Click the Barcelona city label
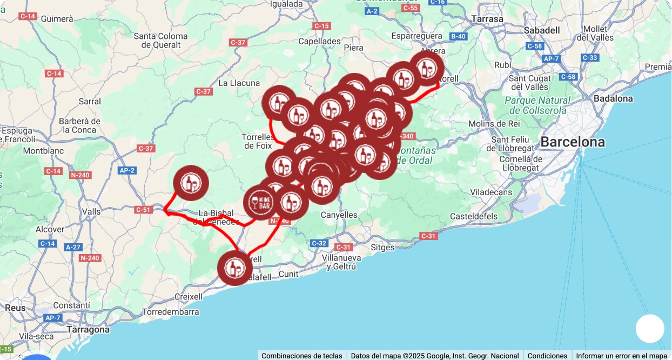coord(573,142)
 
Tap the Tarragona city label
coord(88,329)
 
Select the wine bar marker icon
coord(261,202)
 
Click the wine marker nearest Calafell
coord(235,268)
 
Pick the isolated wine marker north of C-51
coord(191,183)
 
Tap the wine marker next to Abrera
coord(427,68)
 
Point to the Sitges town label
coord(383,248)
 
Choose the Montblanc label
coord(43,150)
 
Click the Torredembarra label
coord(170,312)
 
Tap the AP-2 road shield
coord(126,170)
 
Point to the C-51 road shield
coord(143,209)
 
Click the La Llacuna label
coord(239,83)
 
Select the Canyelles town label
coord(339,215)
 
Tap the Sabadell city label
coord(542,30)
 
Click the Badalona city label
coord(613,98)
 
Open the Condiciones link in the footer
coord(547,356)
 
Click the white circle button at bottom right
coord(649,329)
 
